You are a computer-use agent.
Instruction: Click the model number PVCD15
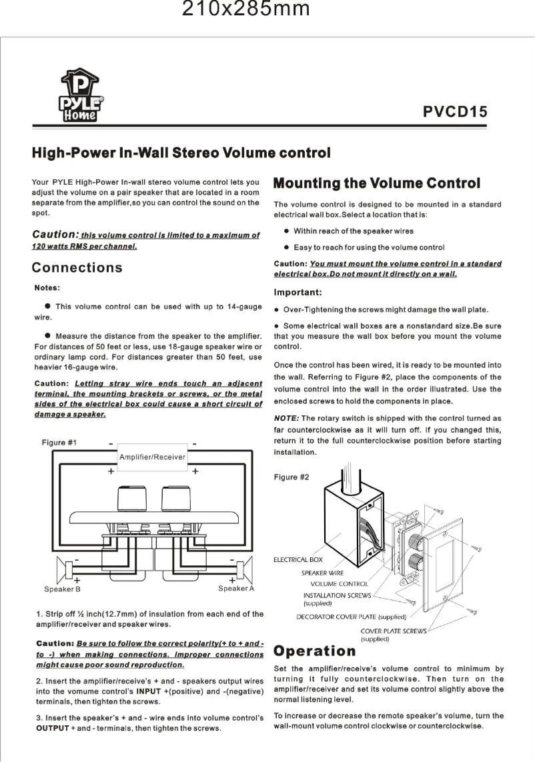point(456,111)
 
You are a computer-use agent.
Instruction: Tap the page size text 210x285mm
point(246,10)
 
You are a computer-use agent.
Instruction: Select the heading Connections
point(77,268)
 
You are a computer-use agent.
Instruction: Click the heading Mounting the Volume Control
point(377,183)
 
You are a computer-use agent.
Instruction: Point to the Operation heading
point(315,651)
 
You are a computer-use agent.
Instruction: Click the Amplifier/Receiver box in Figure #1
point(152,457)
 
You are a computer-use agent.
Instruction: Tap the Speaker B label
point(62,589)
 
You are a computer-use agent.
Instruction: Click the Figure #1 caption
point(59,443)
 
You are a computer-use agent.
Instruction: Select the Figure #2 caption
point(292,477)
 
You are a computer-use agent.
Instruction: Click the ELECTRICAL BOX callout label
point(298,560)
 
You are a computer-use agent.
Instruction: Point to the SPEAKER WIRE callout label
point(323,573)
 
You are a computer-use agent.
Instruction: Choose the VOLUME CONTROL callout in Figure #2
point(340,584)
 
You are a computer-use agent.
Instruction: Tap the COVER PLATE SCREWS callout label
point(393,631)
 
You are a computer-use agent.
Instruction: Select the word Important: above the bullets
point(298,293)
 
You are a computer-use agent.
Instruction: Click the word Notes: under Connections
point(48,288)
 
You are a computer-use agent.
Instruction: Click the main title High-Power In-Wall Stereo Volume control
point(181,153)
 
